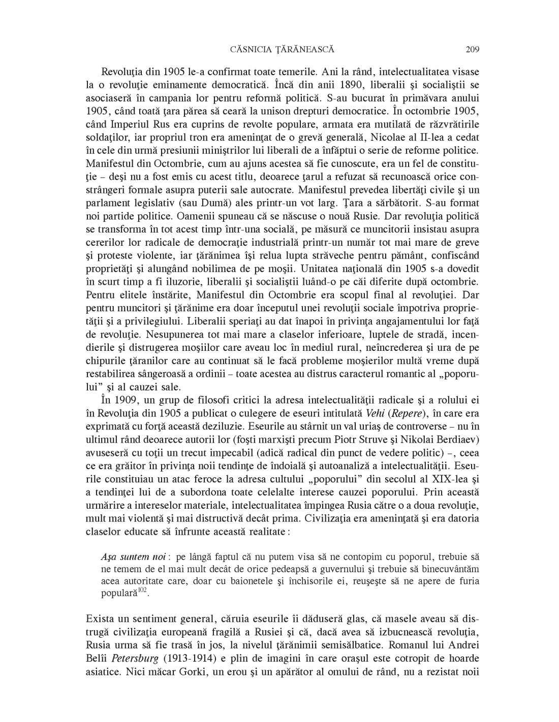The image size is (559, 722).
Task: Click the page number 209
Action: (472, 50)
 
